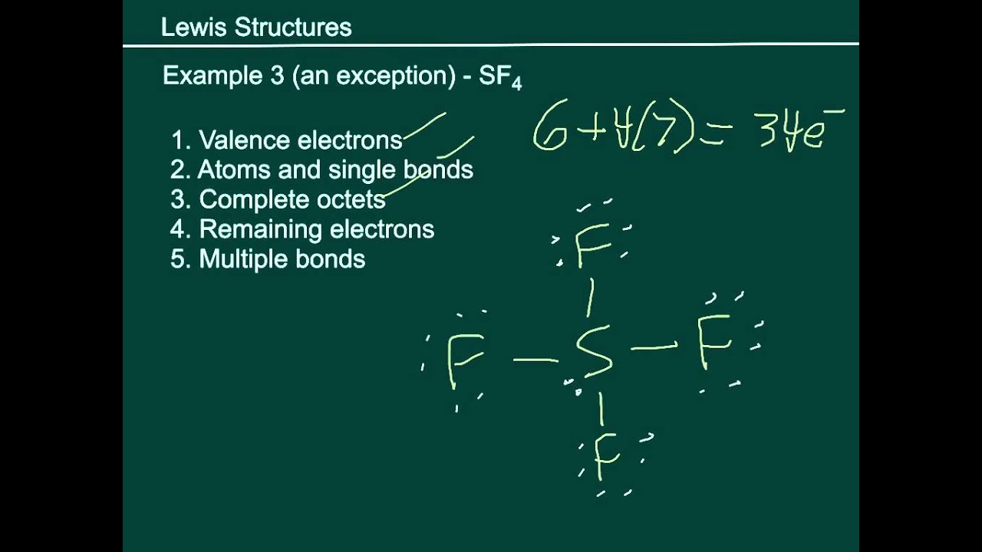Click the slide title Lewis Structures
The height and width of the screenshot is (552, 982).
point(256,28)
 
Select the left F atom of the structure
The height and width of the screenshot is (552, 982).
point(464,360)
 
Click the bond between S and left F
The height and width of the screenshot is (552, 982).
point(535,359)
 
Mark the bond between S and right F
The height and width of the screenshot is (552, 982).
point(654,348)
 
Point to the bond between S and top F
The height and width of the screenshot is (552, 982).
point(589,297)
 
